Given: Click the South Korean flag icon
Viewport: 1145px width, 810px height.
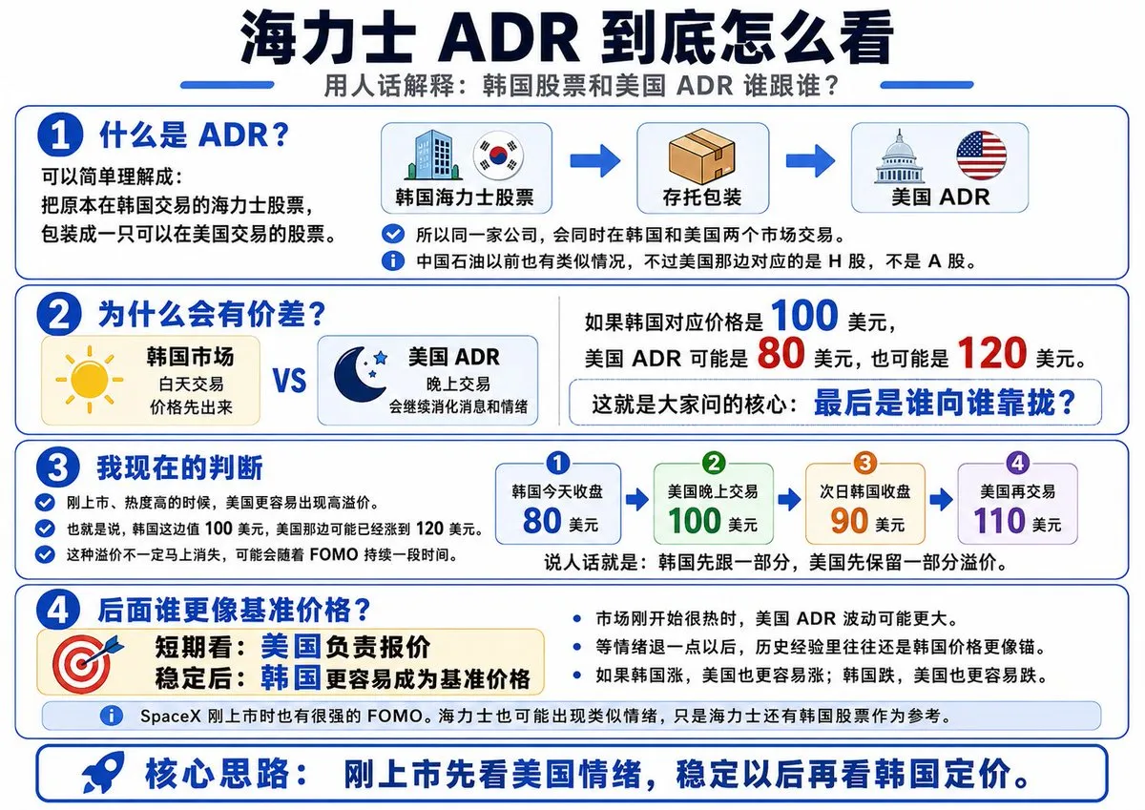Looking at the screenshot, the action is [x=498, y=155].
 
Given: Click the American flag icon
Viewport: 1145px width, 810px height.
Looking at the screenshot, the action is [x=981, y=155].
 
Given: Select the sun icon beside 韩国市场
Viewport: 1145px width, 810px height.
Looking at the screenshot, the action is [x=90, y=379].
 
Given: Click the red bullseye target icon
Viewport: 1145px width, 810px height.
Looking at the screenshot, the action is [x=84, y=663].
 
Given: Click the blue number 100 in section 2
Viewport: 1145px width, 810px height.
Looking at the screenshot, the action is [x=804, y=316].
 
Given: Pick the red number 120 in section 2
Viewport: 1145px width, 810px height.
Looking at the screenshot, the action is [x=990, y=353].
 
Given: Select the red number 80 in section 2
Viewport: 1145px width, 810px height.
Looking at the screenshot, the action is [x=781, y=353].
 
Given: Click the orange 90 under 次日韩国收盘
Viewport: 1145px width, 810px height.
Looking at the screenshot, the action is [x=849, y=521].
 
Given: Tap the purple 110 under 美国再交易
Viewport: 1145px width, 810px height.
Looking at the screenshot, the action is [x=999, y=521].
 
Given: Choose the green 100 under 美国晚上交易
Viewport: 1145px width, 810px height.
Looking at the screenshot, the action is [x=695, y=521].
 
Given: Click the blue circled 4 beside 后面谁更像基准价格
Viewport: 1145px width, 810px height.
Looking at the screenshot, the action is [x=58, y=611].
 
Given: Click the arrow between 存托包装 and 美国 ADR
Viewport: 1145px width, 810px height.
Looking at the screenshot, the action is [x=810, y=161].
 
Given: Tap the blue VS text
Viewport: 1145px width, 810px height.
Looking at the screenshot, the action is [x=289, y=381].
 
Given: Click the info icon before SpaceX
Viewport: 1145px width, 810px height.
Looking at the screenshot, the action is [x=112, y=715].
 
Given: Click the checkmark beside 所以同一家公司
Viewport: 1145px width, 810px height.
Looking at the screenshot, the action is [x=392, y=234].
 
